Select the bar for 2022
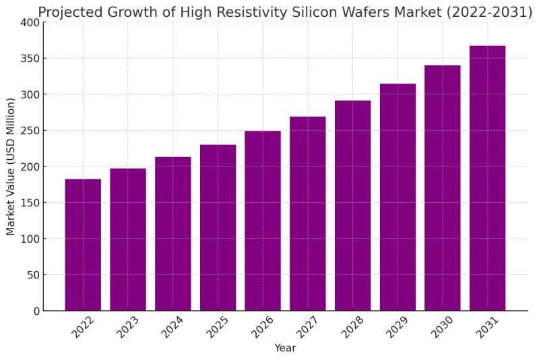tap(83, 245)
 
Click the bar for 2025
tap(218, 228)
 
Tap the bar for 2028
tap(352, 206)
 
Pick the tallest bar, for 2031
tap(487, 178)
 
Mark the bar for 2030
tap(442, 188)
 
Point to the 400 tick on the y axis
tap(30, 22)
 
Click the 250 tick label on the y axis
tap(30, 131)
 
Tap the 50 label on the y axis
tap(32, 275)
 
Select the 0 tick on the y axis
tap(36, 311)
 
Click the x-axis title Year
tap(284, 349)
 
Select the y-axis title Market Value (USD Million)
tap(11, 167)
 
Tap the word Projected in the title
tap(68, 12)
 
